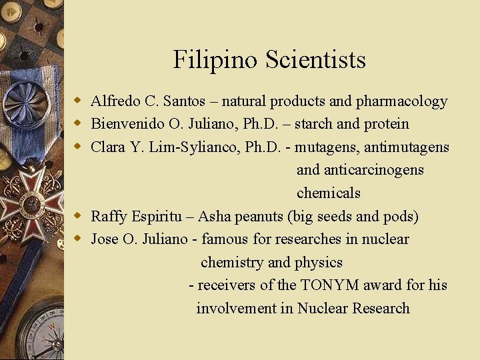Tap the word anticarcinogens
point(360,170)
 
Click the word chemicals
point(328,193)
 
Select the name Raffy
point(108,216)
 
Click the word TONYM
point(329,285)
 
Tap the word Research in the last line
point(381,308)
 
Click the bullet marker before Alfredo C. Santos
point(78,101)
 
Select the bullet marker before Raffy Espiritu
point(78,216)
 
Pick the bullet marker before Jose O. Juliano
point(78,239)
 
